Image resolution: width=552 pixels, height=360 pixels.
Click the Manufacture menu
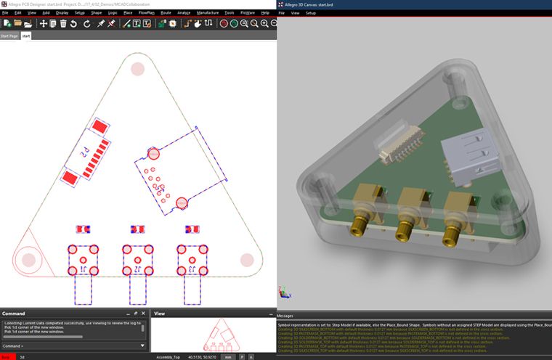208,12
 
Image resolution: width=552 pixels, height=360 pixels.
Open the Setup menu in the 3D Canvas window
310,13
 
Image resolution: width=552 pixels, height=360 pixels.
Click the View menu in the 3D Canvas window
296,13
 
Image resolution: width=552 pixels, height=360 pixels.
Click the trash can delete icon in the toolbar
64,23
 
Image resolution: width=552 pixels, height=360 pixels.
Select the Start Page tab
9,35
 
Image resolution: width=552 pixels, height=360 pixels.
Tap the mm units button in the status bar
228,356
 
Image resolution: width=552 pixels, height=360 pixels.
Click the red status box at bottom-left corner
7,356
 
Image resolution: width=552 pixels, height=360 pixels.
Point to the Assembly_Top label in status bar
169,356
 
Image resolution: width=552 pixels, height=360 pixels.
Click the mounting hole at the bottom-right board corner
247,259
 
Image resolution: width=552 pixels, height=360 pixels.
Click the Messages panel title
285,316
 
